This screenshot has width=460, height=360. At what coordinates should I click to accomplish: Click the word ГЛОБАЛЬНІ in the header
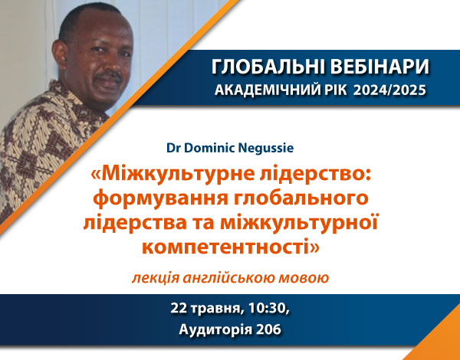click(x=268, y=67)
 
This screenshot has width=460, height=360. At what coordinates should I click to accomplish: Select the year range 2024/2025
click(x=389, y=90)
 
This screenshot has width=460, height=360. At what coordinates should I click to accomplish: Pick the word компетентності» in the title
click(x=231, y=247)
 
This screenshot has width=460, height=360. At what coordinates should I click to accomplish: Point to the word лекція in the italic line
click(x=155, y=277)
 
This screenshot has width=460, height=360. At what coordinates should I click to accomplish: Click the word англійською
click(x=228, y=277)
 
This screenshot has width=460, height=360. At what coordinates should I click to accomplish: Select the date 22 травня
click(x=207, y=309)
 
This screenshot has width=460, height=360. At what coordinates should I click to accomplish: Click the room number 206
click(x=268, y=330)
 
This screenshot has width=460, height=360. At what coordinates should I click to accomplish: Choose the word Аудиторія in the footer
click(x=215, y=330)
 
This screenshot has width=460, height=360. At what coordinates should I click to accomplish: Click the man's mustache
click(x=109, y=75)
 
